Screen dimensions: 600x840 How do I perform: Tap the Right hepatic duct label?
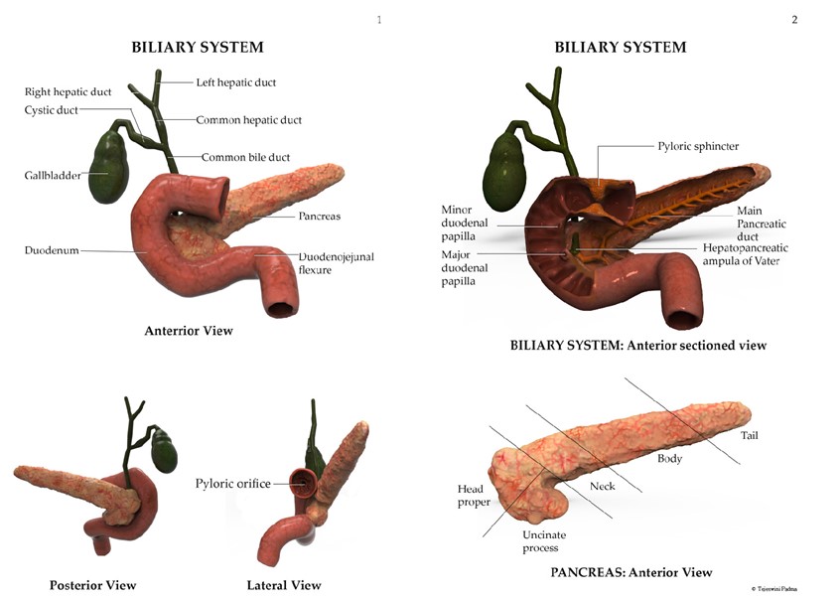(x=68, y=92)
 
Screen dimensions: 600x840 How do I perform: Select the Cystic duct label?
(x=51, y=110)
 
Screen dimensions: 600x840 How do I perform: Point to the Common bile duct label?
(x=245, y=157)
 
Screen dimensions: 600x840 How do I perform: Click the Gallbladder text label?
(x=54, y=176)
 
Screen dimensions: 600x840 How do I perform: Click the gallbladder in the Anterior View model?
(x=108, y=166)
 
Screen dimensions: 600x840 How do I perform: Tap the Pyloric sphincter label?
(x=698, y=146)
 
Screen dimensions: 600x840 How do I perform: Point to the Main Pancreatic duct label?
(x=764, y=225)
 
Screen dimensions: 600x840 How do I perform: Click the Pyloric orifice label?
(x=232, y=484)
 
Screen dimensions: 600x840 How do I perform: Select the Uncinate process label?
(x=541, y=541)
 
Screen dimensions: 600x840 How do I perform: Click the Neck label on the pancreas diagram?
(x=603, y=486)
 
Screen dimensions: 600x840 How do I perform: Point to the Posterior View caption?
(x=92, y=585)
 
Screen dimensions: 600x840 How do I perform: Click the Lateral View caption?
(x=284, y=585)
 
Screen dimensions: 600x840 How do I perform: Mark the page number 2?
(x=794, y=20)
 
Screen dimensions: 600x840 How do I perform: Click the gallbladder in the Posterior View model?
(x=163, y=451)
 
